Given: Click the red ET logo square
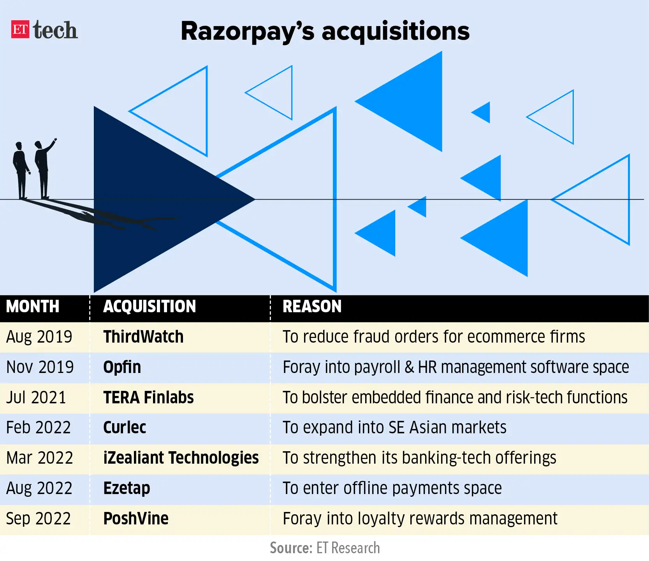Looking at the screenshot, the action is point(20,29).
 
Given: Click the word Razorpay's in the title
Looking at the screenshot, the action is point(247,31).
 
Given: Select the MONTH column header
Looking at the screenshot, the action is point(33,307).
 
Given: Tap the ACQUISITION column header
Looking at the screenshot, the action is point(149,307).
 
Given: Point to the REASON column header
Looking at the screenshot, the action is point(312,307).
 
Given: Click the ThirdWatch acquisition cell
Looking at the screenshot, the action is point(143,337).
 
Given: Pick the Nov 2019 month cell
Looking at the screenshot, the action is point(40,367).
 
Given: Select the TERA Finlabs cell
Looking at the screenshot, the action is point(148,397).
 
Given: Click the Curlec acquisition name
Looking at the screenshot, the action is point(125,428).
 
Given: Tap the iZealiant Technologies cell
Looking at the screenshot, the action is point(181,458).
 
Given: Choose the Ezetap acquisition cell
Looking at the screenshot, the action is point(127,489).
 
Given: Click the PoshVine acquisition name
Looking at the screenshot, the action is point(136,519).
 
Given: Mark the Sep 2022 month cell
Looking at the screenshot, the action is point(39,519).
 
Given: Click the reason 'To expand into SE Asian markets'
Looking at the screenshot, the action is point(394,428).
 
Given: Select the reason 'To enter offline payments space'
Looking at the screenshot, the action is point(392,489).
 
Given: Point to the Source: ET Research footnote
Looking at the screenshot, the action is point(325,548).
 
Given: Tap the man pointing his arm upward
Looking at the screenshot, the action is point(43,167).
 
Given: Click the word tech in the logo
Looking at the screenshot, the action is point(55,30).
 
